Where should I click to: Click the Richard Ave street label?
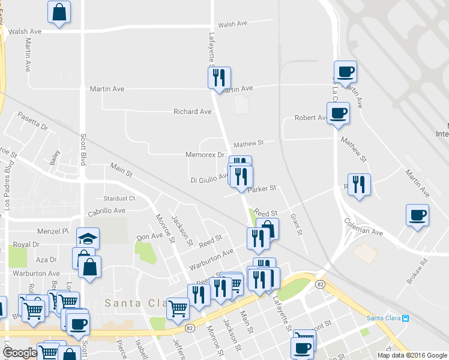click(x=192, y=112)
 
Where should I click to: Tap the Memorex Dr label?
click(x=204, y=155)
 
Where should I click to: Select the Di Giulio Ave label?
click(x=208, y=178)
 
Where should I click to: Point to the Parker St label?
click(x=261, y=188)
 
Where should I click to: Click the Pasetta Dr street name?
click(x=32, y=121)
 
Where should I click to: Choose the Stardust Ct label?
click(x=119, y=198)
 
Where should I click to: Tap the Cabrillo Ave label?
click(x=107, y=211)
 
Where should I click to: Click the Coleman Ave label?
click(x=363, y=228)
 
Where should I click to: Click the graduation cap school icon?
click(x=88, y=238)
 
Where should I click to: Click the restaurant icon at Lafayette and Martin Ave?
click(x=219, y=77)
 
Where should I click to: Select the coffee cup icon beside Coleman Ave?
click(x=417, y=215)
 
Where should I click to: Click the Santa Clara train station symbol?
click(x=406, y=317)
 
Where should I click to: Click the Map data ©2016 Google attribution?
click(x=411, y=355)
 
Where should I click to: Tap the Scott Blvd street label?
click(x=83, y=149)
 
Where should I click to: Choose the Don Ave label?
click(x=149, y=236)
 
